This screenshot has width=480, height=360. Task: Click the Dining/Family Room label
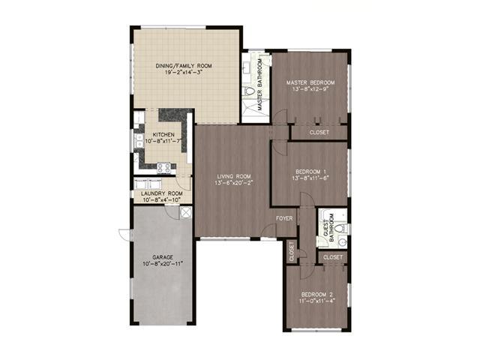[x=184, y=66]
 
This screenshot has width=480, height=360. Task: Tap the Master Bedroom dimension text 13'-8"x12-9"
[x=310, y=89]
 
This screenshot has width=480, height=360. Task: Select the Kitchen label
[x=163, y=135]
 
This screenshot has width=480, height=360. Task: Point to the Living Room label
[x=234, y=176]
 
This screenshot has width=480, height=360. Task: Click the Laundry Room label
[x=162, y=193]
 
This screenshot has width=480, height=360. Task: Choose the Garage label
[x=163, y=257]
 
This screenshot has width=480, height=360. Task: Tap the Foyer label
[x=284, y=218]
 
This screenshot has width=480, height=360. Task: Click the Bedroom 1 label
[x=310, y=172]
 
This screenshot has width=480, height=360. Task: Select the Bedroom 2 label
[x=316, y=295]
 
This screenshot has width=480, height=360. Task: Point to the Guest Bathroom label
[x=328, y=227]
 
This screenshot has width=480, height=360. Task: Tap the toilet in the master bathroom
[x=249, y=91]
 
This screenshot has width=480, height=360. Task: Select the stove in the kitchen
[x=163, y=168]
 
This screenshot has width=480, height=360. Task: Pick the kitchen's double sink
[x=139, y=141]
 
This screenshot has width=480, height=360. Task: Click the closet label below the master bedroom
[x=319, y=132]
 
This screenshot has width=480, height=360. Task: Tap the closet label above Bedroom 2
[x=333, y=257]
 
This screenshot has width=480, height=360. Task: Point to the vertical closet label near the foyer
[x=292, y=251]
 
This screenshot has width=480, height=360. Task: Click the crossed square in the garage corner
[x=185, y=212]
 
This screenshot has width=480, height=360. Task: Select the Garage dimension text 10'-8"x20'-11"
[x=163, y=263]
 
